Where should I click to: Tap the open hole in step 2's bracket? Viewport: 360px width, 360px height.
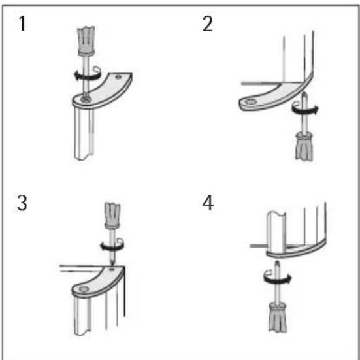click(249, 103)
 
